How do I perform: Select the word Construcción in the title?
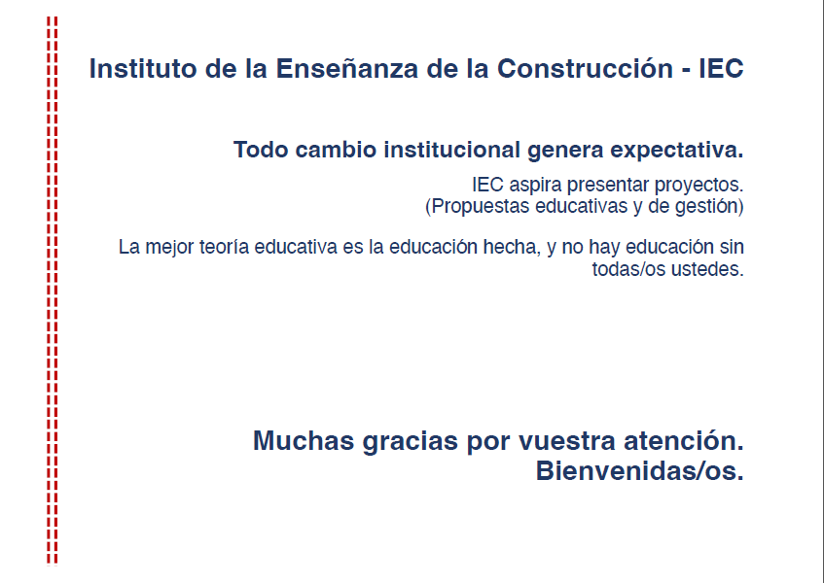pos(585,68)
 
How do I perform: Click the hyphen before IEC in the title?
pos(686,71)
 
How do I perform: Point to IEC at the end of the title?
pos(721,68)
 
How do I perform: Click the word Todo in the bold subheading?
pos(261,150)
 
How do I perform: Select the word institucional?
pos(452,150)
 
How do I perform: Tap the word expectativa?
pos(677,151)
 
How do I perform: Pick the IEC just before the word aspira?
pos(487,185)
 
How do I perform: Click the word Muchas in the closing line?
pos(304,441)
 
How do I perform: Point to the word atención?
pos(684,441)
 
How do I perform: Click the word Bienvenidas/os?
pos(639,471)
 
